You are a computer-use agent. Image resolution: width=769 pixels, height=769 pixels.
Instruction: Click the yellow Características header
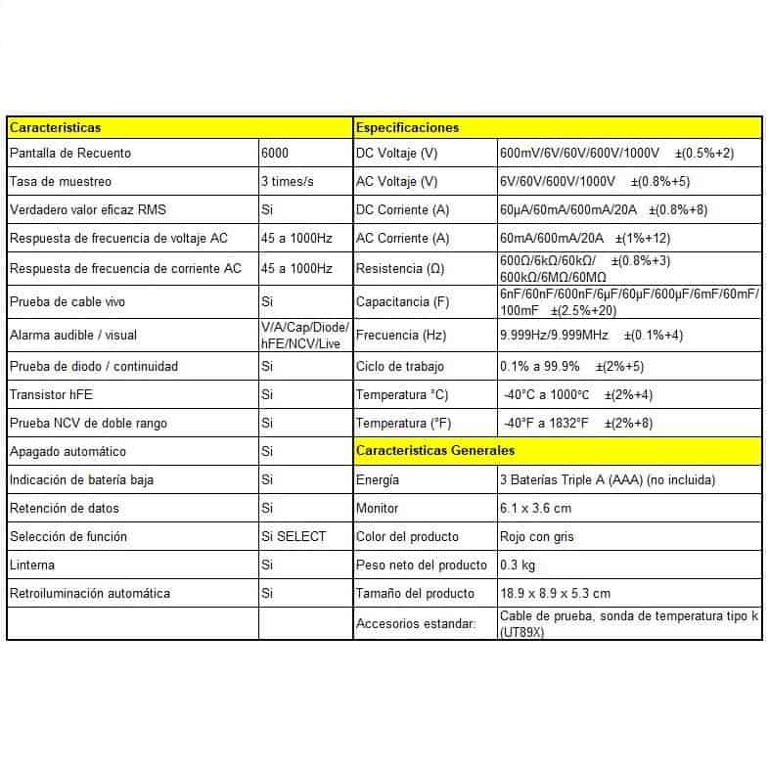point(55,127)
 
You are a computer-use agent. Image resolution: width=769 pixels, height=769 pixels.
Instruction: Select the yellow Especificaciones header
point(407,127)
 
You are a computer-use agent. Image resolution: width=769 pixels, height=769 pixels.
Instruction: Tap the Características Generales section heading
point(435,451)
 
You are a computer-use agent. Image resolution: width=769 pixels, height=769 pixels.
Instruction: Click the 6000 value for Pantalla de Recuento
point(275,154)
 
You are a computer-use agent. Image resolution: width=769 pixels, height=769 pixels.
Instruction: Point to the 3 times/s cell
point(288,182)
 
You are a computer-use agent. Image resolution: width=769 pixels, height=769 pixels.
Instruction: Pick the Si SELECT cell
point(294,536)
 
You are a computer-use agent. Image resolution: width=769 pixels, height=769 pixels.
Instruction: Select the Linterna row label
point(32,565)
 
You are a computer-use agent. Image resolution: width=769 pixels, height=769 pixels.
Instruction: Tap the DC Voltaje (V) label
point(396,154)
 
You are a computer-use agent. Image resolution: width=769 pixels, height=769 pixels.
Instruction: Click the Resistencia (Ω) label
point(402,268)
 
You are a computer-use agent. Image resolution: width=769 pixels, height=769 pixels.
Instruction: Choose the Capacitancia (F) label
point(408,301)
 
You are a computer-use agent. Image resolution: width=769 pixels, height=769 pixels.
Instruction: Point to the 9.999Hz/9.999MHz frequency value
point(554,335)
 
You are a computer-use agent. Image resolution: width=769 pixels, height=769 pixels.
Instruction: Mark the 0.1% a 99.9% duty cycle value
point(540,367)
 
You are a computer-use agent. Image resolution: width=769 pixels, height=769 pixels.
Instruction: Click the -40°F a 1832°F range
point(546,424)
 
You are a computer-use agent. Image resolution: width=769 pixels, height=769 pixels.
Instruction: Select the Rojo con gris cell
point(537,536)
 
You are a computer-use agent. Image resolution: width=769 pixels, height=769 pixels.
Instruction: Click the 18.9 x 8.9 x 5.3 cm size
point(555,593)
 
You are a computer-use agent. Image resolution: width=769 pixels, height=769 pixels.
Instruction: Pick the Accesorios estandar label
point(416,623)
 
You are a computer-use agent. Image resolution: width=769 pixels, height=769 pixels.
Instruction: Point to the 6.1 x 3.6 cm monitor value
point(535,508)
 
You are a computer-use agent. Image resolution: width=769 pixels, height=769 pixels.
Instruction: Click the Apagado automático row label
point(68,452)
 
